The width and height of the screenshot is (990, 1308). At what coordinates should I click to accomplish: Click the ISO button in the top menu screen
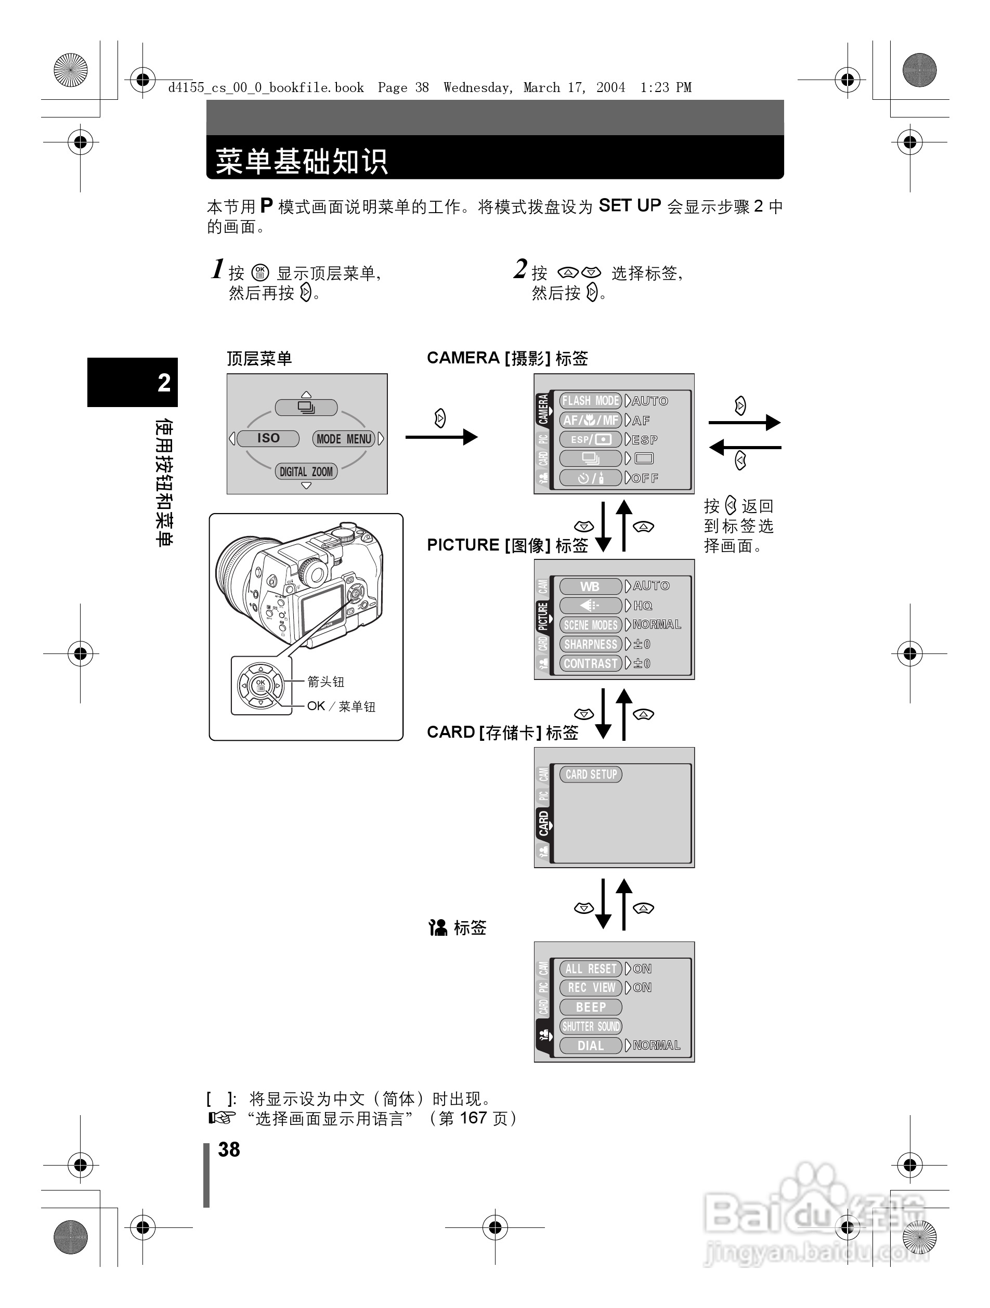[x=268, y=438]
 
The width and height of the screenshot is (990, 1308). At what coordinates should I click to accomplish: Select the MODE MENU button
[x=344, y=439]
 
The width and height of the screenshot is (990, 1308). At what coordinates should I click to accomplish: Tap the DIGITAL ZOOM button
[x=306, y=472]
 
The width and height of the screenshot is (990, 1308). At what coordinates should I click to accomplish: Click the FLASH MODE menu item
[x=590, y=401]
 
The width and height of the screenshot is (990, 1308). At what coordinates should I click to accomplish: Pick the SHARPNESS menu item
[x=590, y=644]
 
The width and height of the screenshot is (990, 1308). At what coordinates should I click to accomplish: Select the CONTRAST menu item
[x=590, y=663]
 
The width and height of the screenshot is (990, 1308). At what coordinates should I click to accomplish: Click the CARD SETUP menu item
[x=590, y=774]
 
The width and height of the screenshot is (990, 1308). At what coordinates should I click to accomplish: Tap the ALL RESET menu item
[x=590, y=969]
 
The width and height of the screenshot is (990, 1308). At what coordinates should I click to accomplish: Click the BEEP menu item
[x=590, y=1007]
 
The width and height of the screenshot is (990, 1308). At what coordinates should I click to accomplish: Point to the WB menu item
[x=590, y=586]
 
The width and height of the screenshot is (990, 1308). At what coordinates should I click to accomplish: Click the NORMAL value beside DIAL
[x=657, y=1045]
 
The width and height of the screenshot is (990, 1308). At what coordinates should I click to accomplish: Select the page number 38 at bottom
[x=229, y=1149]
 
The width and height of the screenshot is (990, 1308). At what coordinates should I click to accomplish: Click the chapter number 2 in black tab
[x=164, y=383]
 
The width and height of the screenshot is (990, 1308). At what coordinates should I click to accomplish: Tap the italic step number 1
[x=218, y=269]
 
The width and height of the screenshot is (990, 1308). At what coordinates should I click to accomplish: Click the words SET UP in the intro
[x=629, y=205]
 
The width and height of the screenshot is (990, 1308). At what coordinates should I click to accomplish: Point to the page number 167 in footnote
[x=473, y=1118]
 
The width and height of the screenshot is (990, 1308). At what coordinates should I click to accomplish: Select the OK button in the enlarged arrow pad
[x=260, y=685]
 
